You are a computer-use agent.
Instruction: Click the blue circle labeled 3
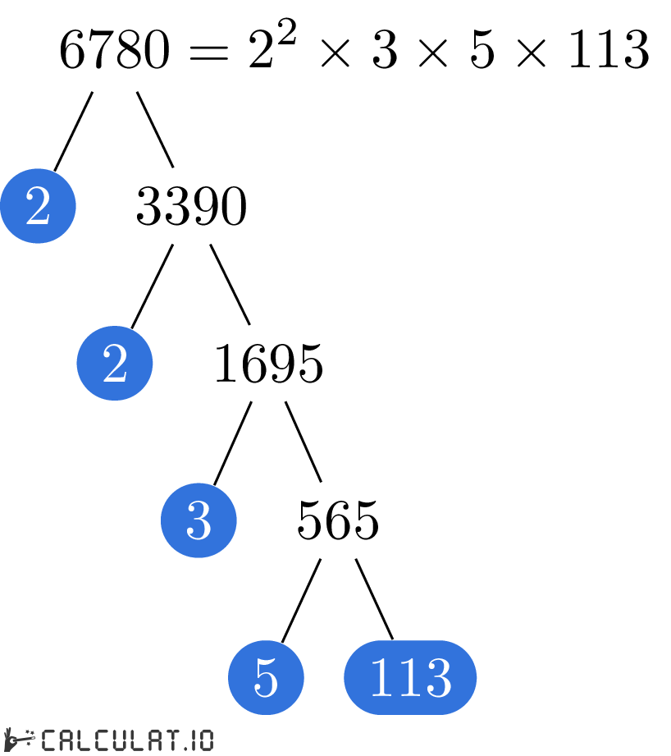(x=199, y=520)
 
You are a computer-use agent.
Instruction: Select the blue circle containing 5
(x=266, y=677)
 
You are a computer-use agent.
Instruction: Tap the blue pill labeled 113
(x=410, y=677)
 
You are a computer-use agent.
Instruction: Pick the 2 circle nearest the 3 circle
(x=115, y=363)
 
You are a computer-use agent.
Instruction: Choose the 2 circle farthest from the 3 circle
(x=38, y=206)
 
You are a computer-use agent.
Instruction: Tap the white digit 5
(x=266, y=678)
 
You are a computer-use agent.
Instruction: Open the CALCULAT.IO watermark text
(x=127, y=740)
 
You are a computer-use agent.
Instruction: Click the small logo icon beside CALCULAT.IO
(x=18, y=740)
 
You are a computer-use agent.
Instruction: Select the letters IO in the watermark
(x=201, y=740)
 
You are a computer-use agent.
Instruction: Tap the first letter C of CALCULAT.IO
(x=49, y=740)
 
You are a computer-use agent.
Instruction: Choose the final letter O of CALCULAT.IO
(x=206, y=740)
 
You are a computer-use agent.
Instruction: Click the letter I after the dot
(x=193, y=740)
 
